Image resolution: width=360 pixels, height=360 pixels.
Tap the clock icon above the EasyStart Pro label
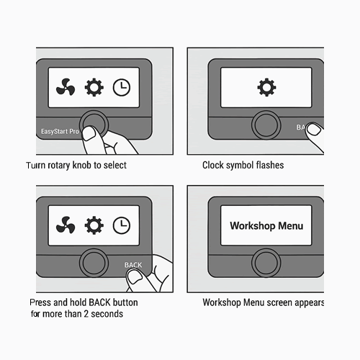(122, 88)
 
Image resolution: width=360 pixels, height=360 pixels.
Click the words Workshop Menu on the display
(266, 225)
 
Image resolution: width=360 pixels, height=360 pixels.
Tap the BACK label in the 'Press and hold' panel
(134, 265)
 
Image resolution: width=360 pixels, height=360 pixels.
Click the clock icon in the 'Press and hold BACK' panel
(122, 225)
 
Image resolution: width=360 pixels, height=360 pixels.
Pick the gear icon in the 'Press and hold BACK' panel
(94, 225)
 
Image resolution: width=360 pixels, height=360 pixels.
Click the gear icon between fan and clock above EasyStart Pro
(94, 89)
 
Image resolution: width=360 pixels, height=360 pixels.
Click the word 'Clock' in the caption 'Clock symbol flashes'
(214, 165)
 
